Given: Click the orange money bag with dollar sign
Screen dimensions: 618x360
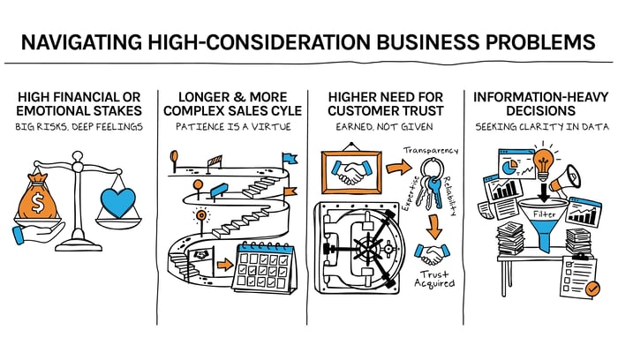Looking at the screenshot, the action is [x=38, y=197].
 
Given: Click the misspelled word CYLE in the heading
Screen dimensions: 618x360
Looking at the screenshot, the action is [x=286, y=110].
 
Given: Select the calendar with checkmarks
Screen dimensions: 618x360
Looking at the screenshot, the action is [x=264, y=267].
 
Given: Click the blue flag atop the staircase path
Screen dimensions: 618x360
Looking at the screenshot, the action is [x=290, y=158].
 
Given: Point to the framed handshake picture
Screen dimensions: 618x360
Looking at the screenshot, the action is [x=351, y=171].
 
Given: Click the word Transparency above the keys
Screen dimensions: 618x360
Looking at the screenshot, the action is [x=431, y=151].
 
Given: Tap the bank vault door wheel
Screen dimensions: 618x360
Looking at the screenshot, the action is [x=369, y=248].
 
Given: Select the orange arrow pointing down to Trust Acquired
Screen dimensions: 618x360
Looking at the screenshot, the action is [x=434, y=226].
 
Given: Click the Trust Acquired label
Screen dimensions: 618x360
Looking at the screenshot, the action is [x=434, y=279].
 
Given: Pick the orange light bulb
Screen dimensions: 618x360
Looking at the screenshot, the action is [x=543, y=161].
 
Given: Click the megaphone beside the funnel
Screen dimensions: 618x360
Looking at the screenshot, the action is [x=566, y=180].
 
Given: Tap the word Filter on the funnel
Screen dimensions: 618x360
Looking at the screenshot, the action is [x=545, y=214].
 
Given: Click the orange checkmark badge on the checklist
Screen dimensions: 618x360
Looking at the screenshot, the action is [x=592, y=289].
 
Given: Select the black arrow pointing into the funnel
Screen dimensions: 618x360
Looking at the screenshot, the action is [x=544, y=192].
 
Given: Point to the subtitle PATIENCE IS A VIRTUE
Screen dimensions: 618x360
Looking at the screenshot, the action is [x=233, y=127].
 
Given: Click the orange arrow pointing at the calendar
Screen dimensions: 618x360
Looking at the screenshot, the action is [x=225, y=264].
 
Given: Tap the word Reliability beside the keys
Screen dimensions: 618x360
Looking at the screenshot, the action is [x=449, y=196].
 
